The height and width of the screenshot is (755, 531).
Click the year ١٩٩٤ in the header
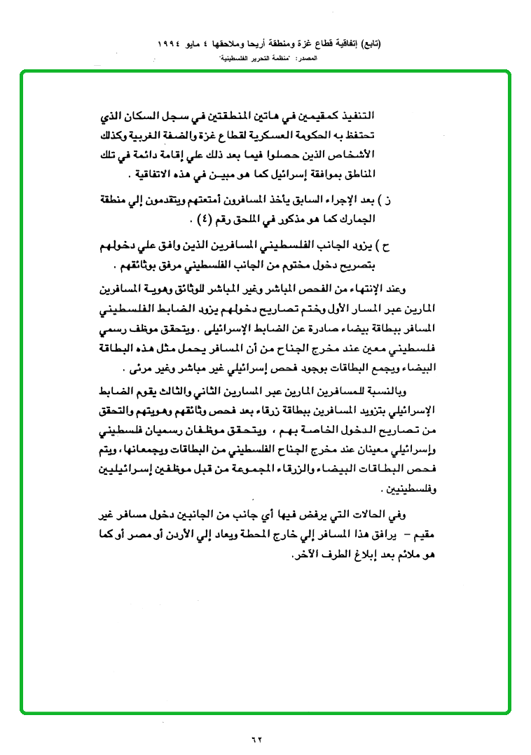pyautogui.click(x=170, y=43)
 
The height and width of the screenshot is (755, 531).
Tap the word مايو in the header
pyautogui.click(x=202, y=43)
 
